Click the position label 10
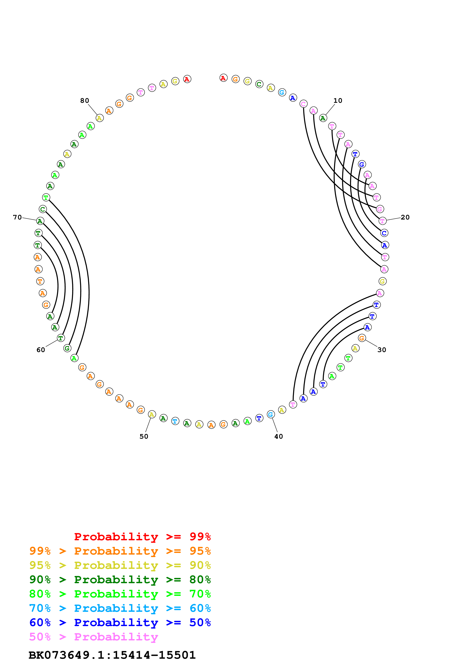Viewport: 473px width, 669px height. [x=338, y=101]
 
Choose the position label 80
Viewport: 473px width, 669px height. [x=85, y=101]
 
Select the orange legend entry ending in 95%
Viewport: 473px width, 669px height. [x=120, y=551]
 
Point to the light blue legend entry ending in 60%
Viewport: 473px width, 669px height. [x=120, y=608]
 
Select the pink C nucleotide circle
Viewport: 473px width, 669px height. [x=303, y=104]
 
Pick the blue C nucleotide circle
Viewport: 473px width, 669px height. [x=384, y=233]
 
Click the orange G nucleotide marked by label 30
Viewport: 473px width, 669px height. [x=362, y=338]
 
